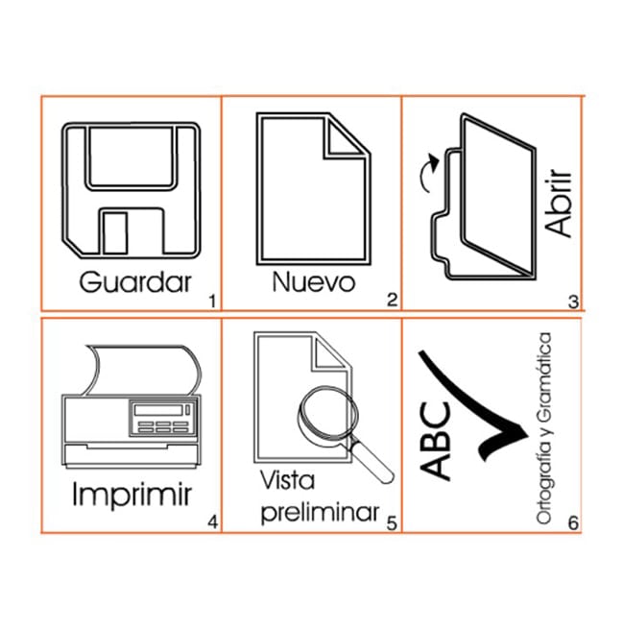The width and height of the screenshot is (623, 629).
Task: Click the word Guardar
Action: coord(135,282)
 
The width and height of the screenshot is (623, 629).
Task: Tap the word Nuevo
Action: coord(314,282)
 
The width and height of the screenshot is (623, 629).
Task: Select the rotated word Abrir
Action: coord(558,203)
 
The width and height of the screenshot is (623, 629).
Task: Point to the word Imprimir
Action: coord(132,496)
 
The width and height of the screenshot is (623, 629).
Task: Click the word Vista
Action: coord(287,480)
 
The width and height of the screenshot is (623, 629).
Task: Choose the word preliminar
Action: coord(320,514)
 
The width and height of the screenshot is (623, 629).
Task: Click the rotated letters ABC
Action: coord(435,441)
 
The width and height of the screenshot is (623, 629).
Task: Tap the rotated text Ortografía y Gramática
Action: coord(544,428)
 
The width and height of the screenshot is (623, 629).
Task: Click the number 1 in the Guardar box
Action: coord(212,302)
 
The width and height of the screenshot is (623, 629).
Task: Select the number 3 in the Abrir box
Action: coord(573,302)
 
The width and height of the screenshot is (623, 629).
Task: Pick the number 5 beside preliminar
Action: coord(392,522)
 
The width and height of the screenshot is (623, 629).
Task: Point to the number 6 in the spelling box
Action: coord(574,522)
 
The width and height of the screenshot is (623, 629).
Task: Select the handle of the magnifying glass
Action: coord(372,461)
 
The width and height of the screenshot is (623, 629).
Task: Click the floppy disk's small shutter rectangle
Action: coord(115,233)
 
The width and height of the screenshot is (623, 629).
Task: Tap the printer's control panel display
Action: coord(158,410)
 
